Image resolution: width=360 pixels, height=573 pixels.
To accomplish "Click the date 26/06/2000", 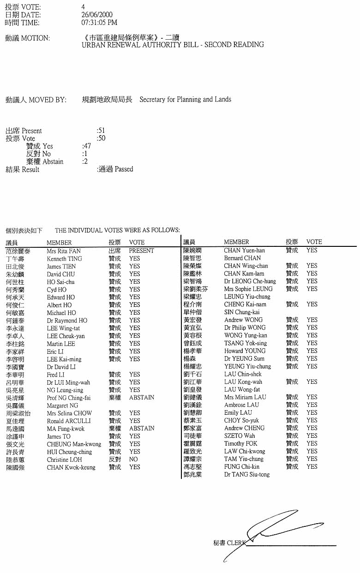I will pos(96,15).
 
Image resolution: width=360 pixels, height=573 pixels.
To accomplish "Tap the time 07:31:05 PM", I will pos(99,23).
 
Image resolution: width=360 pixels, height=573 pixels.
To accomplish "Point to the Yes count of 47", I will pos(87,146).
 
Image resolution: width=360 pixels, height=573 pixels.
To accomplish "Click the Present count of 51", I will pos(101,131).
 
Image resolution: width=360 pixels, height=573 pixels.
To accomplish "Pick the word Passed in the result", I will pos(124,169).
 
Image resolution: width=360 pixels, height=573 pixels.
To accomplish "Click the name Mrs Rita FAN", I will pos(64,251).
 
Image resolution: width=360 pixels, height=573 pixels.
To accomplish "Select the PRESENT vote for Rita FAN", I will pos(141,251).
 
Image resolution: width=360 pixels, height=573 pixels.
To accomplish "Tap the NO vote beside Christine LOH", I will pos(133,460).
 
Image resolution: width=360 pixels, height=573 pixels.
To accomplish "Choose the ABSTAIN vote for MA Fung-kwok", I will pos(142,428).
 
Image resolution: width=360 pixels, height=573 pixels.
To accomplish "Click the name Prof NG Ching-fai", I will pos(68,397).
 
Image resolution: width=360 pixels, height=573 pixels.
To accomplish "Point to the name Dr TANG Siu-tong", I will pos(247,474).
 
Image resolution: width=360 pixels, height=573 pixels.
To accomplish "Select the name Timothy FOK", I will pos(240,443).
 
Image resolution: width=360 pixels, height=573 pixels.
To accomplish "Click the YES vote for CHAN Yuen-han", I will pos(312,250).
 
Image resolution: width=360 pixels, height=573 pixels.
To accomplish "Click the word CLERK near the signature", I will pos(236,543).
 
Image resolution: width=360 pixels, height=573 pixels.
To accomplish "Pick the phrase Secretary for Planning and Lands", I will pos(185,99).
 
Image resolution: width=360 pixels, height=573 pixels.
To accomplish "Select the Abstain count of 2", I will pos(85,162).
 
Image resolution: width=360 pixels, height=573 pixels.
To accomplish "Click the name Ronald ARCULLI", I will pos(69,421).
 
